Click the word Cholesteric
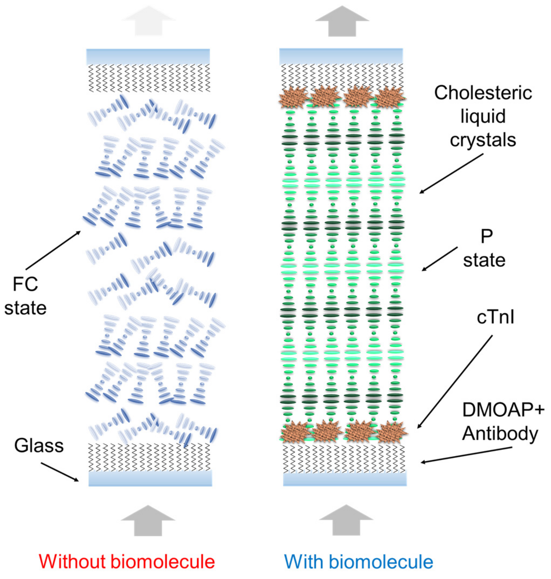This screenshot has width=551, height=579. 483,93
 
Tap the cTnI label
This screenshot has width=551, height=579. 495,317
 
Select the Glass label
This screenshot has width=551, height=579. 39,445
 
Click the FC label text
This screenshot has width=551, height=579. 25,284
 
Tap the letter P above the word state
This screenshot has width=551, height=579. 486,236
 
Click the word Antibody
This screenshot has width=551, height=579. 500,433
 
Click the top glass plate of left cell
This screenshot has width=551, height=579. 148,56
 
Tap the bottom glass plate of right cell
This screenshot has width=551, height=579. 345,479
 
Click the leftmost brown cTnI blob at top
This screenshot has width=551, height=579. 293,97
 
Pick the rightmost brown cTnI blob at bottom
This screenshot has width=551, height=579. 392,432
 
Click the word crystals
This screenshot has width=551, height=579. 483,140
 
